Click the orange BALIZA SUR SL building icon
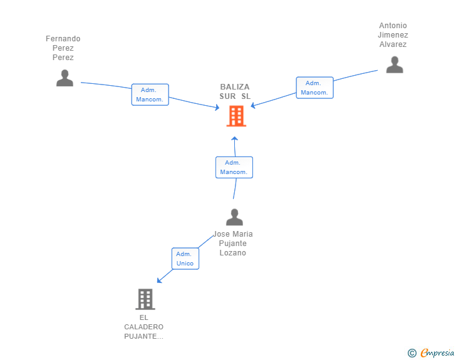[x=236, y=116]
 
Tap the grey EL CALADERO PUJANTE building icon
[x=145, y=299]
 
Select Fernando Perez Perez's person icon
[x=65, y=78]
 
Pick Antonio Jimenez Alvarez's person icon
[x=395, y=65]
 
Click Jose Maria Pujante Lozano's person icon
[x=234, y=217]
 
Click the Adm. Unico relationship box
[x=185, y=259]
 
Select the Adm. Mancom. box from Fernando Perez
[x=150, y=95]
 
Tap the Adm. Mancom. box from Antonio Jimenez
[x=314, y=88]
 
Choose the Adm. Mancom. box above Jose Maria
[x=234, y=167]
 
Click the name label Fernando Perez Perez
[x=63, y=48]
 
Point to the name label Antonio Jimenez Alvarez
[x=393, y=35]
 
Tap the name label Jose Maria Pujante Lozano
[x=232, y=244]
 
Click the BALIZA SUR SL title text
[x=235, y=91]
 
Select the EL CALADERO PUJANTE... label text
[x=143, y=327]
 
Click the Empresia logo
[x=437, y=352]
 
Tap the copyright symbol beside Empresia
[x=412, y=353]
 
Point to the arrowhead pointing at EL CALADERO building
[x=159, y=280]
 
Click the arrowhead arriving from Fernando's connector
[x=217, y=107]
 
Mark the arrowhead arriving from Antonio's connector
[x=253, y=106]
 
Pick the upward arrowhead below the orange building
[x=235, y=138]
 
